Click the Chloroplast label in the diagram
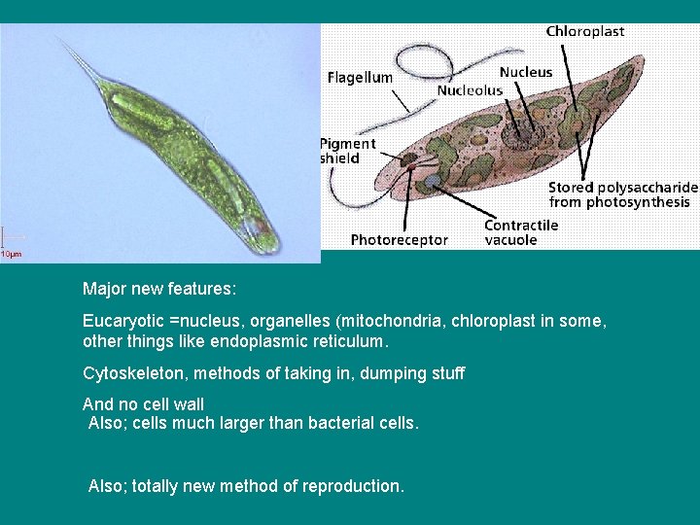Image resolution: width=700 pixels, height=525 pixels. pyautogui.click(x=584, y=31)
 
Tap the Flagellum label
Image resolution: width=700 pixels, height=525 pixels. pyautogui.click(x=360, y=77)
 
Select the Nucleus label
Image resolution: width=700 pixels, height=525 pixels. pyautogui.click(x=525, y=72)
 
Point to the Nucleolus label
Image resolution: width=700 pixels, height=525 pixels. pyautogui.click(x=470, y=90)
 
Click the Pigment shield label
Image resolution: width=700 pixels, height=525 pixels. pyautogui.click(x=348, y=151)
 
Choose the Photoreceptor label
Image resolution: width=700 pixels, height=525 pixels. pyautogui.click(x=399, y=239)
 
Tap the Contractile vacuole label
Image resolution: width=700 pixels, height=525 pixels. pyautogui.click(x=521, y=232)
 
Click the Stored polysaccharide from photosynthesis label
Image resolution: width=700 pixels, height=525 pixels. pyautogui.click(x=622, y=194)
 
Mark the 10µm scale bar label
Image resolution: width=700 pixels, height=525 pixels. pyautogui.click(x=10, y=255)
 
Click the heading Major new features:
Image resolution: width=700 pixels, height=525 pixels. pyautogui.click(x=159, y=289)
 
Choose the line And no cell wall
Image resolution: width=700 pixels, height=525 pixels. pyautogui.click(x=143, y=404)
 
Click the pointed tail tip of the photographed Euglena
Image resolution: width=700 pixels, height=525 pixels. pyautogui.click(x=61, y=40)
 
